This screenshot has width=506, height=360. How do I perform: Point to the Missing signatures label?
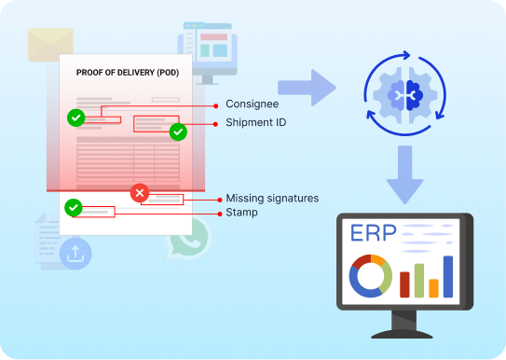pos(272,199)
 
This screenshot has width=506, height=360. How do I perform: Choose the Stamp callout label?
pos(241,213)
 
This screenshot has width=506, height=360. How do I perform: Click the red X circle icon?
pos(140,193)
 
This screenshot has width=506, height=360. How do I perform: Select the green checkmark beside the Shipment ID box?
pos(178,132)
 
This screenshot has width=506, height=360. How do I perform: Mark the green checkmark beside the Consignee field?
pos(75,118)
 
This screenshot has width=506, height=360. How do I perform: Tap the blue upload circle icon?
pos(75,253)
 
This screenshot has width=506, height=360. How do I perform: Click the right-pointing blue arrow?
pos(308,89)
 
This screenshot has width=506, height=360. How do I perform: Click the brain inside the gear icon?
pos(405,92)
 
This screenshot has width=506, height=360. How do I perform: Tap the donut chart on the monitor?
pos(370,276)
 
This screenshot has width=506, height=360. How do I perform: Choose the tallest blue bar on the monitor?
pos(448,276)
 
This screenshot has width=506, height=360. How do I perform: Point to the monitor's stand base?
pos(404,331)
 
